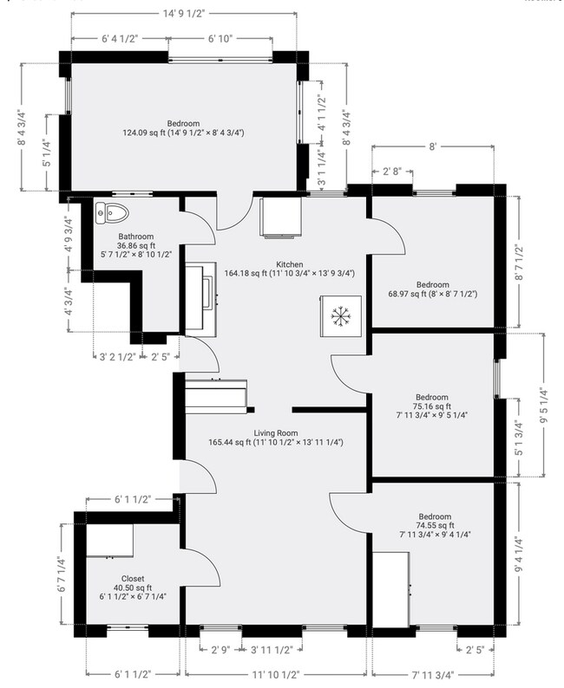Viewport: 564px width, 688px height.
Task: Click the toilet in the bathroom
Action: (112, 213)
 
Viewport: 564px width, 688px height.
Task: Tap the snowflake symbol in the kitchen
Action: (340, 316)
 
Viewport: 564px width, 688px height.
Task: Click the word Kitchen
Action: (290, 264)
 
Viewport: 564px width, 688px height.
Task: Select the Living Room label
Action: (276, 433)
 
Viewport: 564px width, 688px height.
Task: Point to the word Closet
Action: (133, 579)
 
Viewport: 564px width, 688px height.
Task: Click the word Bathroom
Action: (135, 237)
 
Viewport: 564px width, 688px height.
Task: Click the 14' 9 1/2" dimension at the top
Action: (184, 14)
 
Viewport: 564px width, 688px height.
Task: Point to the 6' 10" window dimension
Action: (220, 39)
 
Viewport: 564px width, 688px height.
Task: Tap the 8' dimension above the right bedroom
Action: (433, 146)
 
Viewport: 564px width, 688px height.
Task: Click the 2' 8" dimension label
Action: (392, 172)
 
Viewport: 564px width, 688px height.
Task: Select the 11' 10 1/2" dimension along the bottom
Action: (275, 674)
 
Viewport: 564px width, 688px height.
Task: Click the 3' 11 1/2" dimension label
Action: (272, 650)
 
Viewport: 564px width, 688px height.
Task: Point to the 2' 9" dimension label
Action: (221, 650)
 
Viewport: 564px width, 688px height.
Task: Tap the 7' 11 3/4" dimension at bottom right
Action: (433, 674)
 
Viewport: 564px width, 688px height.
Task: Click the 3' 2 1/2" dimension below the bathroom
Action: (117, 357)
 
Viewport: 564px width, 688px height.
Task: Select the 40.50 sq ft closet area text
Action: (133, 588)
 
